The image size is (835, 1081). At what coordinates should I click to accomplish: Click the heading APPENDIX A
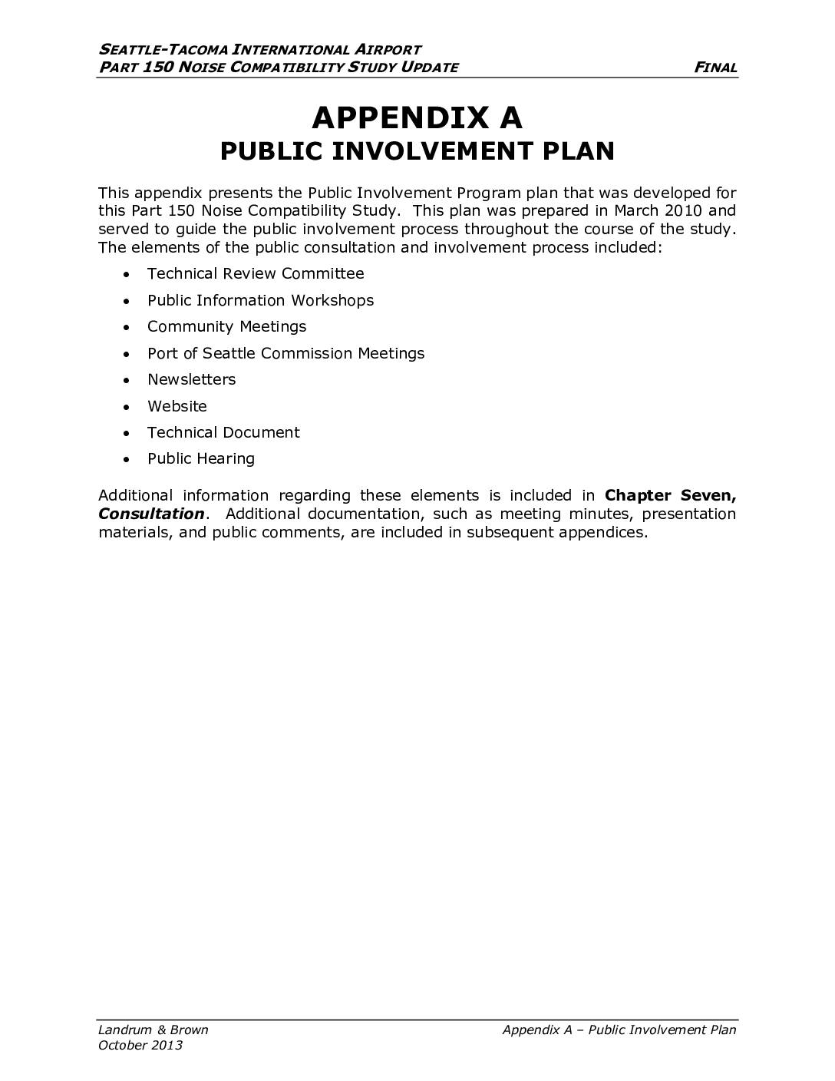(x=417, y=117)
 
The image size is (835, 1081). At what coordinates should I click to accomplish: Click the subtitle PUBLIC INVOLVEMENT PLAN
(x=417, y=151)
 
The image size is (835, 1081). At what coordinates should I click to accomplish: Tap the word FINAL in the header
(x=715, y=68)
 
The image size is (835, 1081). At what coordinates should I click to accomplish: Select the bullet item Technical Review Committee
(x=256, y=274)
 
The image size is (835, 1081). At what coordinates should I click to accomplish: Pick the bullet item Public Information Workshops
(x=260, y=300)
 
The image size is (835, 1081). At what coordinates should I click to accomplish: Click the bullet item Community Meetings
(x=226, y=326)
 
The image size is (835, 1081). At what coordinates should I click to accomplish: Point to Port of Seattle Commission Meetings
(x=285, y=353)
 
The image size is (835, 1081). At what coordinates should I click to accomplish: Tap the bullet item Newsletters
(x=191, y=379)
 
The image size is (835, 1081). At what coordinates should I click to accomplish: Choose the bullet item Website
(x=177, y=406)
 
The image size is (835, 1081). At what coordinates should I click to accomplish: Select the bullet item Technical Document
(x=223, y=432)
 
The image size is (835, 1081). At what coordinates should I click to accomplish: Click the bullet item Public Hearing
(x=200, y=459)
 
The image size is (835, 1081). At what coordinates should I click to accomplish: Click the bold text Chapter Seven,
(x=670, y=495)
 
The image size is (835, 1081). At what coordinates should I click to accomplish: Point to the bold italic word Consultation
(x=151, y=514)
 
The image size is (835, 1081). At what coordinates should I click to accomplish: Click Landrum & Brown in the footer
(x=153, y=1030)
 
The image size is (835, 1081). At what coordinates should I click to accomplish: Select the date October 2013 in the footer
(x=140, y=1045)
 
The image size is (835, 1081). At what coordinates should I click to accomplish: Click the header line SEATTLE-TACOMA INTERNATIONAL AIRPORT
(x=260, y=50)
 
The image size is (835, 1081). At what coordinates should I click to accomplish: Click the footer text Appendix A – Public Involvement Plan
(x=619, y=1030)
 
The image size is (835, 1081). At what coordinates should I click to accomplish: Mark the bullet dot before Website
(x=127, y=407)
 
